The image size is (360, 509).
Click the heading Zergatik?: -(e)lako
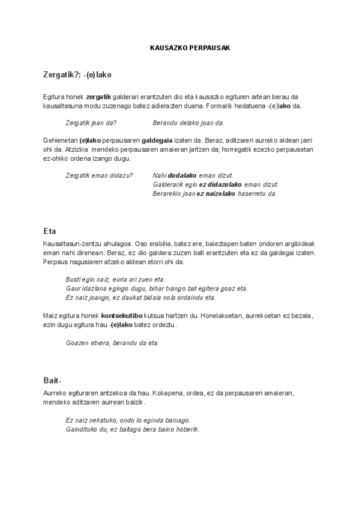click(x=77, y=75)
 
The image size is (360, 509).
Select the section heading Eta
click(x=50, y=231)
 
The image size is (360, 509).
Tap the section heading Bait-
click(x=53, y=381)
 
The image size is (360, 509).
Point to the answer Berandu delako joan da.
click(x=188, y=123)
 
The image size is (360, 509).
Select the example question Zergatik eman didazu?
click(x=99, y=175)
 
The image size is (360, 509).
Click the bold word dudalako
click(x=182, y=175)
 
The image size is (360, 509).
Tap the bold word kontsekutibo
click(x=122, y=315)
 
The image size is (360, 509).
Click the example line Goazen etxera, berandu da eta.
click(x=112, y=343)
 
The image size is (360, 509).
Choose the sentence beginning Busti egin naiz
click(x=115, y=280)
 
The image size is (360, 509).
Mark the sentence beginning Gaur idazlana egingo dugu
click(x=157, y=289)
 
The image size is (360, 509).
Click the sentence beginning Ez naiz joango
click(x=140, y=298)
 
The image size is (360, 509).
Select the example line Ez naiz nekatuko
click(x=128, y=420)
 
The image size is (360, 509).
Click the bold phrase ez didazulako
click(x=220, y=184)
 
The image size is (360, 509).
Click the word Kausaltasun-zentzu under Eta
click(x=68, y=244)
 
